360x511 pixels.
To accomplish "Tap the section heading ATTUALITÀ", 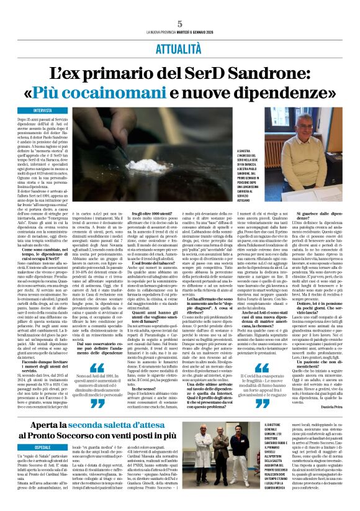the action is (x=179, y=47).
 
